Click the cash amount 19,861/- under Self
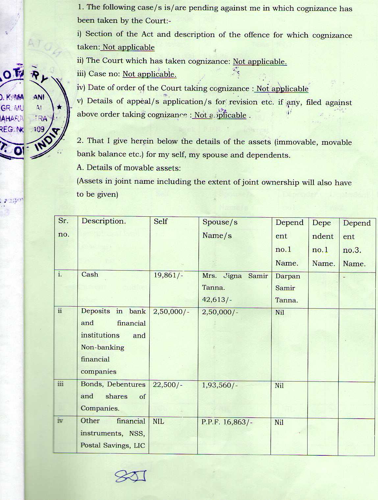pyautogui.click(x=168, y=275)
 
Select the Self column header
pyautogui.click(x=161, y=222)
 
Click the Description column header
pyautogui.click(x=104, y=221)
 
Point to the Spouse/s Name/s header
pyautogui.click(x=220, y=228)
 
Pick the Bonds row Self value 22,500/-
pyautogui.click(x=167, y=385)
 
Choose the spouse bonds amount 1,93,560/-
pyautogui.click(x=219, y=385)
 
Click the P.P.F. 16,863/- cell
pyautogui.click(x=227, y=422)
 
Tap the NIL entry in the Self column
pyautogui.click(x=158, y=422)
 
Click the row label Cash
pyautogui.click(x=90, y=274)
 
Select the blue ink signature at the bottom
pyautogui.click(x=130, y=476)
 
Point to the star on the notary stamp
pyautogui.click(x=59, y=107)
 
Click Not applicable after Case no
pyautogui.click(x=149, y=74)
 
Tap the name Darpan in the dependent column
pyautogui.click(x=288, y=276)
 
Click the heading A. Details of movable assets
pyautogui.click(x=129, y=168)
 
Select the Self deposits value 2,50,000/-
pyautogui.click(x=171, y=312)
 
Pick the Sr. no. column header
pyautogui.click(x=64, y=227)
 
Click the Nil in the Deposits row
pyautogui.click(x=280, y=313)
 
